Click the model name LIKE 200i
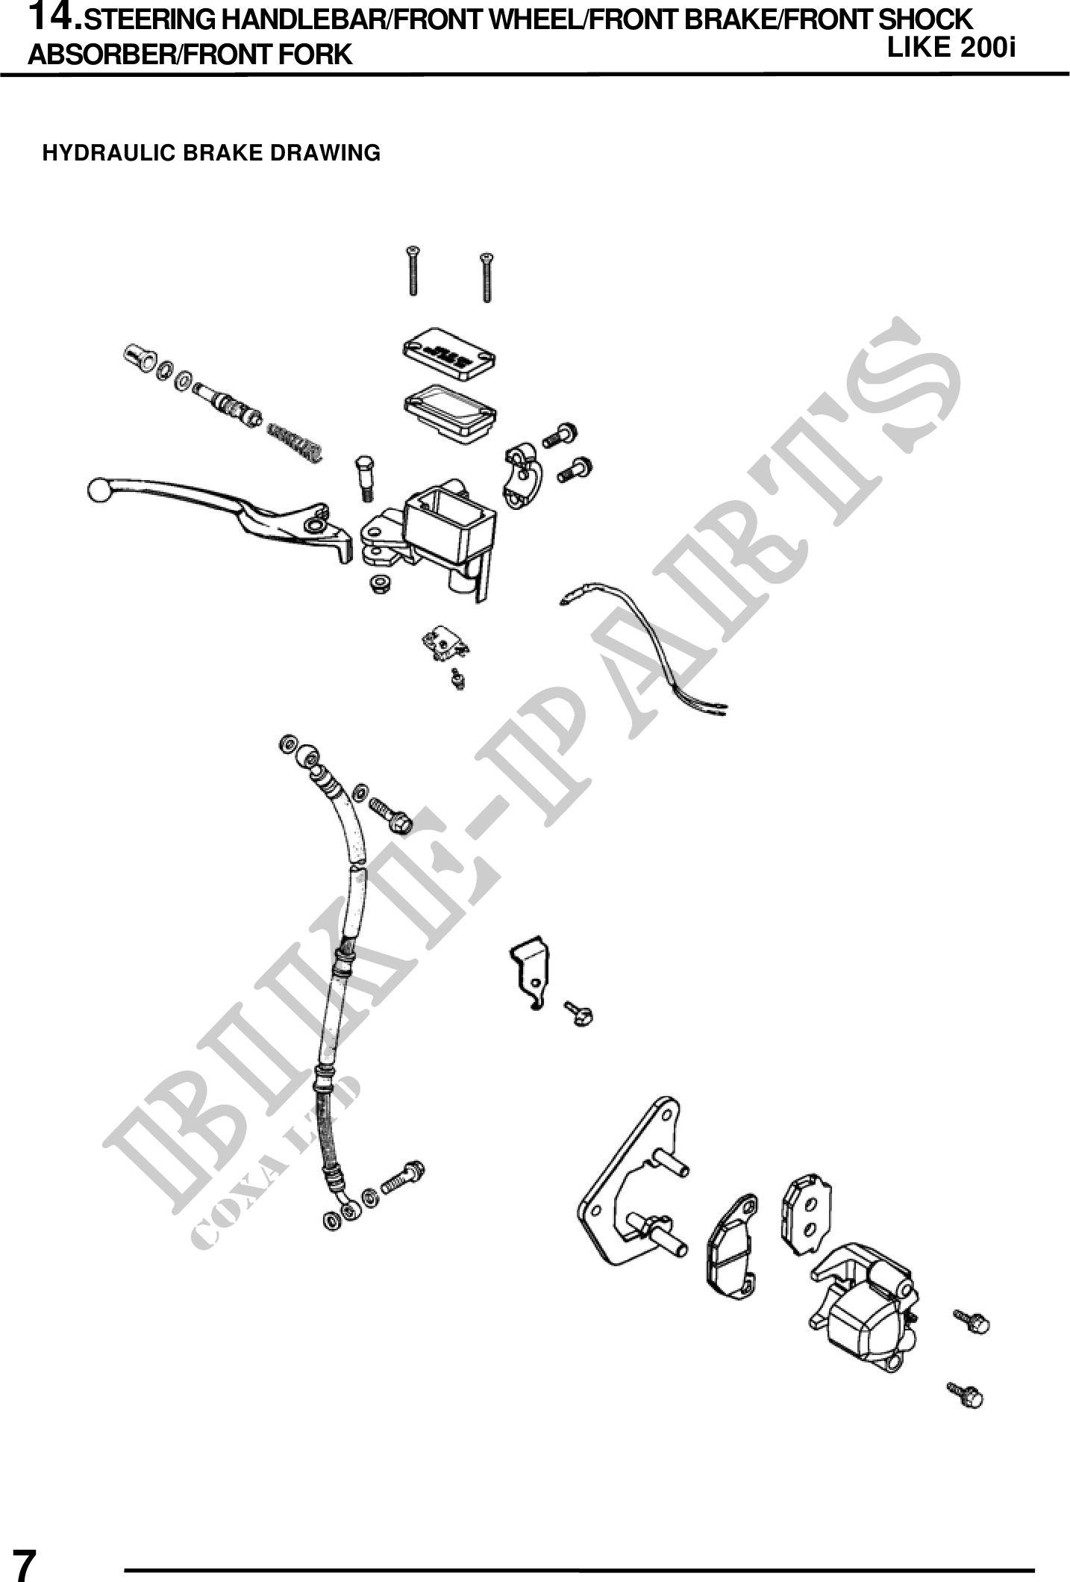(951, 48)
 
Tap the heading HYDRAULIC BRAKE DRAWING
(211, 154)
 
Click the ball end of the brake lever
(98, 491)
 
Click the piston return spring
(295, 443)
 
